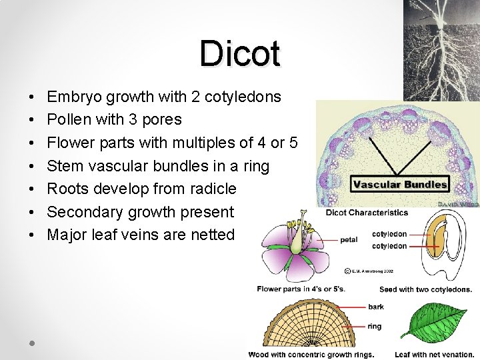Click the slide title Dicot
coord(239,53)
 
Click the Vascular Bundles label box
coord(400,185)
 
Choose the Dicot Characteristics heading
coord(367,213)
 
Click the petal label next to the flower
coord(349,240)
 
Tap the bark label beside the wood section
coord(375,307)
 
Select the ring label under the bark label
coord(375,327)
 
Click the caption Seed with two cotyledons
coord(425,289)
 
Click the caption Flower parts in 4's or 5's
coord(300,289)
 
